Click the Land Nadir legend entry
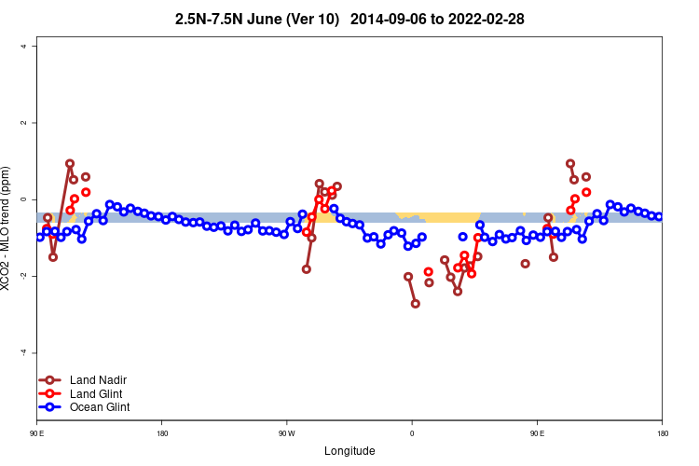point(98,379)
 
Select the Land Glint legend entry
point(96,393)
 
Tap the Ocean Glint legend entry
point(100,406)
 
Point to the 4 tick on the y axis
point(34,47)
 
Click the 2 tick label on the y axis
point(34,123)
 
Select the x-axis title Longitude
point(349,451)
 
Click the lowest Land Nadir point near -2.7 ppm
point(416,304)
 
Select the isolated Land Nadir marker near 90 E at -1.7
point(526,264)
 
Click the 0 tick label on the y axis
point(34,199)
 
